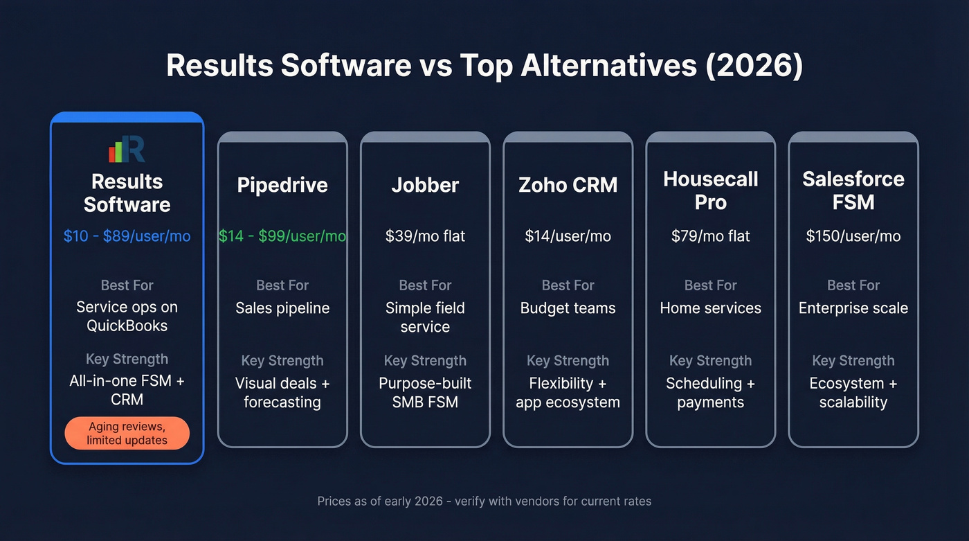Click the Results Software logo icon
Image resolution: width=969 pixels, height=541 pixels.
pyautogui.click(x=127, y=149)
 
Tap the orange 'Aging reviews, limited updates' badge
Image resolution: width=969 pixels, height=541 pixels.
pyautogui.click(x=127, y=434)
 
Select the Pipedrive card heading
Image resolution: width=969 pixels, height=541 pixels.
pyautogui.click(x=282, y=185)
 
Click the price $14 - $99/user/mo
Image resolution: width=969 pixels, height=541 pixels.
pyautogui.click(x=282, y=236)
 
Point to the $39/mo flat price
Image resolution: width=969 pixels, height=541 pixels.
pyautogui.click(x=425, y=236)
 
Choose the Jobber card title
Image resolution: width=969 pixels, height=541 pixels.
pyautogui.click(x=425, y=185)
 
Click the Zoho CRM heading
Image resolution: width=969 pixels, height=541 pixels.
pyautogui.click(x=568, y=185)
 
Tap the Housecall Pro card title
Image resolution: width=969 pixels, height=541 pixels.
pyautogui.click(x=710, y=190)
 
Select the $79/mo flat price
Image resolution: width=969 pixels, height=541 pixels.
pyautogui.click(x=710, y=236)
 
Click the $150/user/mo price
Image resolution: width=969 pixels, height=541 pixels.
pyautogui.click(x=853, y=236)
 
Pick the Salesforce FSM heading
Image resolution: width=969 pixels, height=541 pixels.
pyautogui.click(x=853, y=190)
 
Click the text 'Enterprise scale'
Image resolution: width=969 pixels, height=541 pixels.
pyautogui.click(x=853, y=308)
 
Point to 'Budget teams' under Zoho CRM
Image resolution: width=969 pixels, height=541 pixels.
pyautogui.click(x=568, y=308)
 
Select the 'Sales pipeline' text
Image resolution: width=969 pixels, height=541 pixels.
pyautogui.click(x=282, y=308)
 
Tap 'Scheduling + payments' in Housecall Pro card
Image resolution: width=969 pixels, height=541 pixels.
pyautogui.click(x=710, y=393)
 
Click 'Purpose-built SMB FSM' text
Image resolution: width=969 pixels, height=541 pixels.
pyautogui.click(x=425, y=393)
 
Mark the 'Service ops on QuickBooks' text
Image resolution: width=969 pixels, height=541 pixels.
pyautogui.click(x=127, y=316)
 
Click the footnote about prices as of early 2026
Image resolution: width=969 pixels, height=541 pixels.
pyautogui.click(x=484, y=501)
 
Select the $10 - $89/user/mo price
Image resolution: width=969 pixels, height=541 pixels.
pyautogui.click(x=127, y=236)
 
